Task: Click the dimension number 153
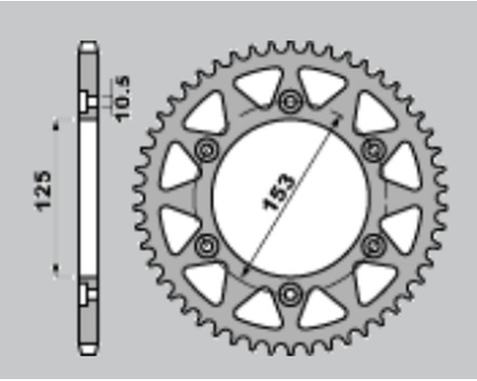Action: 279,192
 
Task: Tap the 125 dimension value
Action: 43,190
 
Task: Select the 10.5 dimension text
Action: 122,98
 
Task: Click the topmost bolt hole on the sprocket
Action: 290,102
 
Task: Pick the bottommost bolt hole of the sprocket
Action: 290,294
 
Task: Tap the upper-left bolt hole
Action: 207,150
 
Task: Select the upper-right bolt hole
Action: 373,150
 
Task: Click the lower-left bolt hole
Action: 207,246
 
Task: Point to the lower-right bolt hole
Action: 373,246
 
